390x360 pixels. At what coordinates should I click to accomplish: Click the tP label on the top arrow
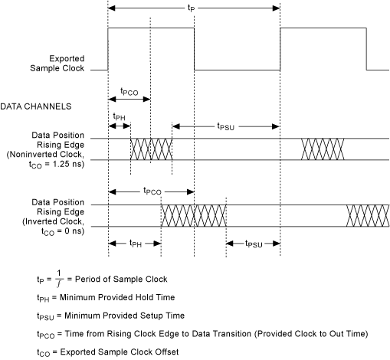tap(192, 8)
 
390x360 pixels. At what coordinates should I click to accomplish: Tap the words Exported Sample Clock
tap(57, 64)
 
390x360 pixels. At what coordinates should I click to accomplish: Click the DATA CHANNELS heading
tap(36, 106)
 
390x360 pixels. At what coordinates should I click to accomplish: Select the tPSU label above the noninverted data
tap(225, 126)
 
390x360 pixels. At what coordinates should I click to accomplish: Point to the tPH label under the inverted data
tap(136, 244)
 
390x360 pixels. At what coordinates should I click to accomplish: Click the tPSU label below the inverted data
tap(254, 244)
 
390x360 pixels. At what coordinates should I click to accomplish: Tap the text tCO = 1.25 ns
tap(57, 164)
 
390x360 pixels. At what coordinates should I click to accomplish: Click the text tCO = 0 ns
tap(63, 231)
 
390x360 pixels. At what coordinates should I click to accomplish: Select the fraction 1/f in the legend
tap(59, 279)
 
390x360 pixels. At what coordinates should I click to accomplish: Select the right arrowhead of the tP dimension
tap(277, 8)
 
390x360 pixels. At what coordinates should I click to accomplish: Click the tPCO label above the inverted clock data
tap(152, 191)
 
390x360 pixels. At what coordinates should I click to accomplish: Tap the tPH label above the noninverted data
tap(119, 117)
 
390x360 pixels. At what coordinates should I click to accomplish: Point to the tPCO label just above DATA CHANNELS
tap(129, 92)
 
